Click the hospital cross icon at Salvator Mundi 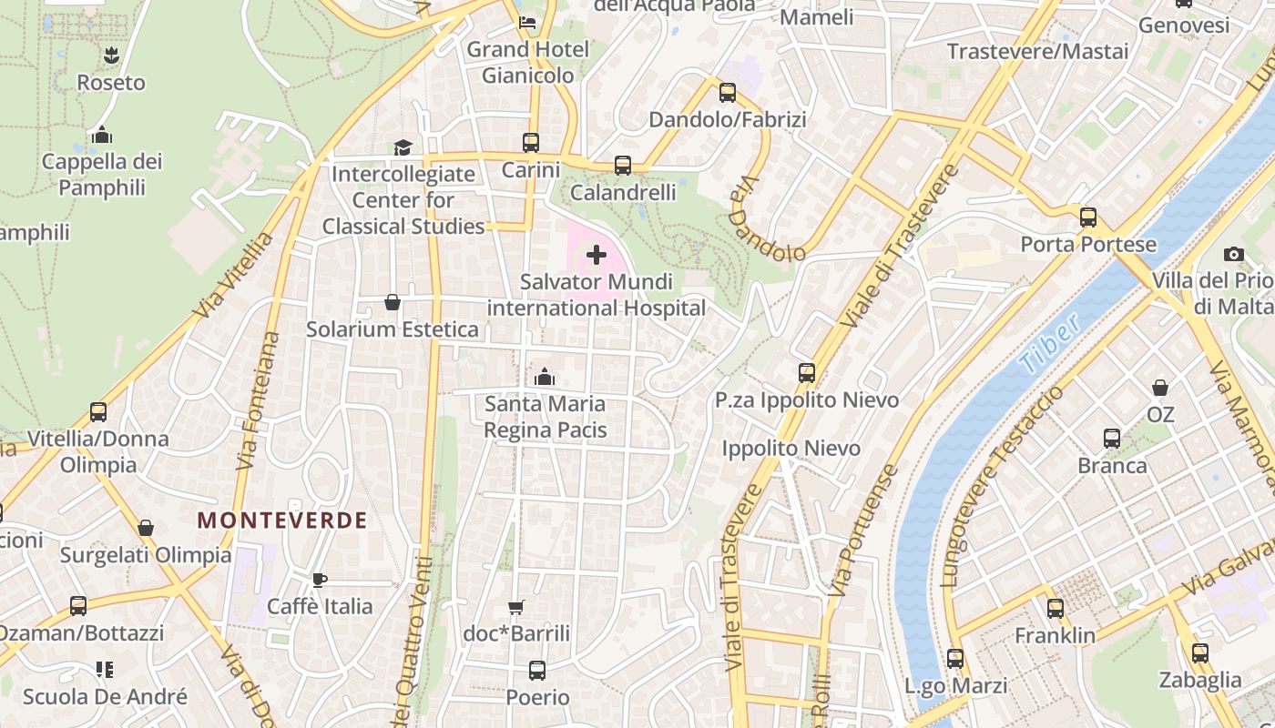[597, 255]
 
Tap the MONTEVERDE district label [282, 521]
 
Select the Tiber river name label [1050, 344]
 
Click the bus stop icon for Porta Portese [1088, 217]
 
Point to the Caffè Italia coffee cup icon [320, 580]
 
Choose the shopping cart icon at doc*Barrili [516, 607]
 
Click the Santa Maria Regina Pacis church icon [545, 377]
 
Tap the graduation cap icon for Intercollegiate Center [403, 147]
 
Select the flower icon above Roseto [111, 56]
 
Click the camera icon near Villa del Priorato [1234, 254]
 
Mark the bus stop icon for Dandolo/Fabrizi [727, 93]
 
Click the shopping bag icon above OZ [1160, 389]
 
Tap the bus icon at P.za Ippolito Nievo [807, 373]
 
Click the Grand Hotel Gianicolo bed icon [527, 23]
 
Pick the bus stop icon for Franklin [1056, 609]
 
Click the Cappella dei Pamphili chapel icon [102, 136]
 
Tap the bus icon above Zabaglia [1200, 652]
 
